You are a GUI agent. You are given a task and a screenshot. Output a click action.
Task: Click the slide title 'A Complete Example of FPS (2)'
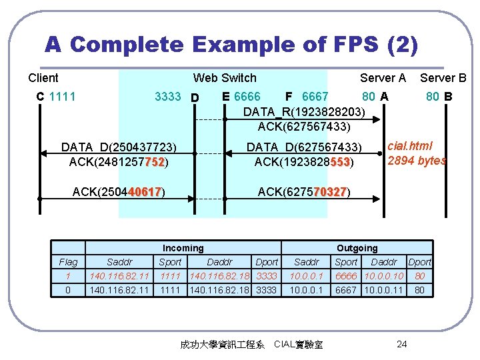click(231, 45)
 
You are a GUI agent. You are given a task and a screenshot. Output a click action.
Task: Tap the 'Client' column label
click(43, 78)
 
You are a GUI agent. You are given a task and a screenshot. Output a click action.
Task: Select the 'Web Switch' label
click(225, 78)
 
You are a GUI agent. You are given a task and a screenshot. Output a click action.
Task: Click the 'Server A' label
click(383, 78)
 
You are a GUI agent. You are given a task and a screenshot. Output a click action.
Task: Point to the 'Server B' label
click(443, 78)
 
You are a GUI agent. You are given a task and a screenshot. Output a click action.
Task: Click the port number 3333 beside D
click(167, 97)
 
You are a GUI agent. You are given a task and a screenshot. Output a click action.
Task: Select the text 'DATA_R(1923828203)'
click(304, 111)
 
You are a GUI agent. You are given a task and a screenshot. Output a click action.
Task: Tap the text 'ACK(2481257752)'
click(118, 161)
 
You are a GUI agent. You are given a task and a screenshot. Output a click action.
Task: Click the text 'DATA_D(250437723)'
click(118, 147)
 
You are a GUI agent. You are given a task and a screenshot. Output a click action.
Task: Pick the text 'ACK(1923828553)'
click(304, 161)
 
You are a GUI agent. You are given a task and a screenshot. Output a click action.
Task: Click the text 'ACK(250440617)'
click(118, 192)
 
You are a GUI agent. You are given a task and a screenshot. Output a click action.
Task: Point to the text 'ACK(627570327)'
click(304, 192)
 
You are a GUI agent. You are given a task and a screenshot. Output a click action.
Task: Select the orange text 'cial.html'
click(410, 146)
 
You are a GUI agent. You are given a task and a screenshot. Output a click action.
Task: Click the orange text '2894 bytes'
click(417, 161)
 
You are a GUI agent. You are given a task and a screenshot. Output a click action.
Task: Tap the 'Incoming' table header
click(183, 248)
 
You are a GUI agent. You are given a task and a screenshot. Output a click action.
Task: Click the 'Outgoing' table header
click(357, 248)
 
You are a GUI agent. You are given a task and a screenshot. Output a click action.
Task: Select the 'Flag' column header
click(68, 262)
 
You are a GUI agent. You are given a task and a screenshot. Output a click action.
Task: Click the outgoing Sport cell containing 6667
click(346, 290)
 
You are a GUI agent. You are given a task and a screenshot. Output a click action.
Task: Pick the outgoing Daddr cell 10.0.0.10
click(383, 276)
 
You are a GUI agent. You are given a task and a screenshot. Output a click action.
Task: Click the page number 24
click(401, 344)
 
